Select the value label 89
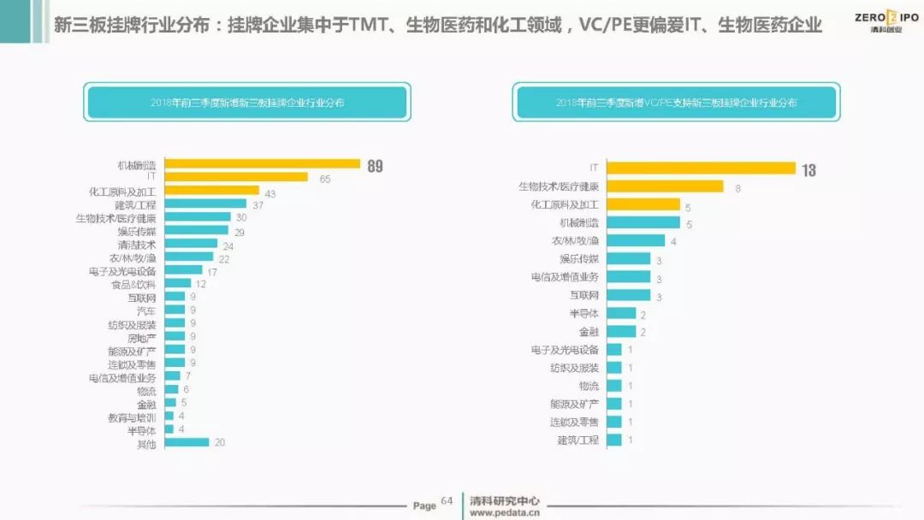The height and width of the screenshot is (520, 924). [x=375, y=167]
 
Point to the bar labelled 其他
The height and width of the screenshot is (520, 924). [x=187, y=442]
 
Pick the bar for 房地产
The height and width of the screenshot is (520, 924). [x=175, y=337]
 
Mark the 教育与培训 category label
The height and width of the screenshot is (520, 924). [x=132, y=417]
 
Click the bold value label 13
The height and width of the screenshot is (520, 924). [x=808, y=170]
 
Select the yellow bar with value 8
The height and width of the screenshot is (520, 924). [x=665, y=186]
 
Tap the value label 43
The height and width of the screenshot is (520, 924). [x=270, y=193]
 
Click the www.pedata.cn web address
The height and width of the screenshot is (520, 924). [x=505, y=513]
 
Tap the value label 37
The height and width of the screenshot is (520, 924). [x=258, y=206]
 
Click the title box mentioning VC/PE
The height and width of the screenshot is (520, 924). [x=676, y=102]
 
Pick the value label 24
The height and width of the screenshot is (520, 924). [x=228, y=246]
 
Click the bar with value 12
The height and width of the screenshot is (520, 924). [x=178, y=283]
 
